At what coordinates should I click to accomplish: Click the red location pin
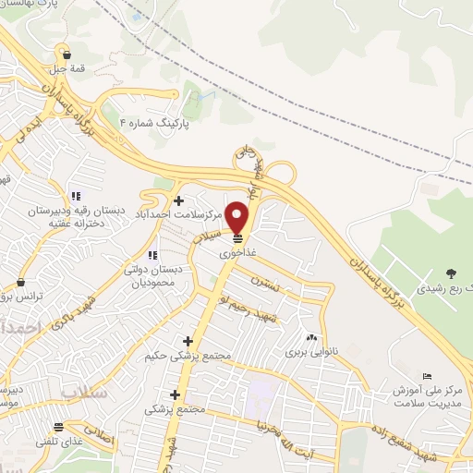(238, 217)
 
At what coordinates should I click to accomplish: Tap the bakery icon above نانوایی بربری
(310, 337)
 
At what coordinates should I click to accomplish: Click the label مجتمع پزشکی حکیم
(188, 357)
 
